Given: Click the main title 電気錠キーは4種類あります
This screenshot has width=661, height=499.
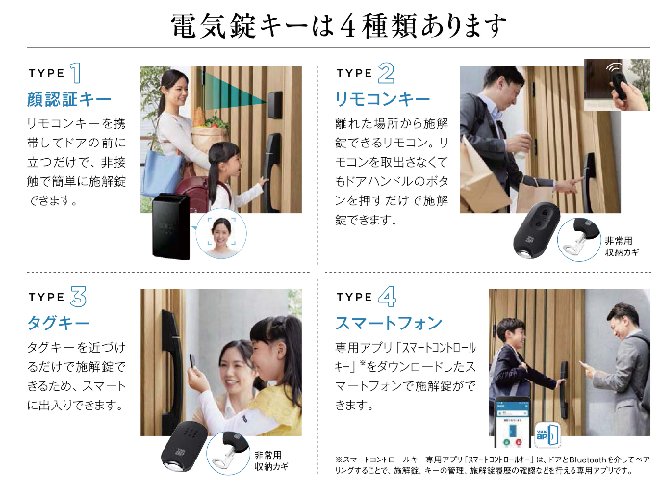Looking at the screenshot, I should [336, 25].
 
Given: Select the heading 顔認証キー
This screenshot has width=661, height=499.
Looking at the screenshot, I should [69, 99].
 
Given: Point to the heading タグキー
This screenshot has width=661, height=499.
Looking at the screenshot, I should [58, 323].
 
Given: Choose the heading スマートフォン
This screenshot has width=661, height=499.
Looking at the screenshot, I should [389, 323].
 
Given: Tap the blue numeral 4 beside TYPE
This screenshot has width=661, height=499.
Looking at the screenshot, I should [387, 296].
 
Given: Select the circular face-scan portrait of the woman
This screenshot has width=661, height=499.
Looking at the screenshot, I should [222, 234].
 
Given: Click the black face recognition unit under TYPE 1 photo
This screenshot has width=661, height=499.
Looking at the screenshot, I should [169, 224].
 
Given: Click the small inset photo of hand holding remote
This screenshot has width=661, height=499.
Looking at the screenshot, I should [617, 83].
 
